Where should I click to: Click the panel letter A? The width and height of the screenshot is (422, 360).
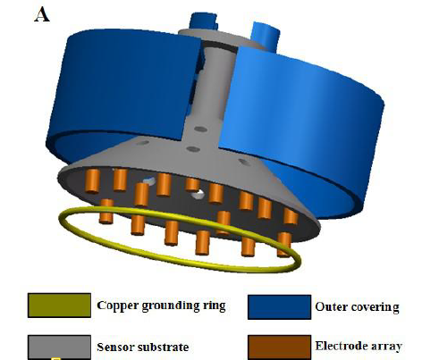coord(42,15)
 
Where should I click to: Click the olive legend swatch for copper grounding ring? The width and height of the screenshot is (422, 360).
coord(59,306)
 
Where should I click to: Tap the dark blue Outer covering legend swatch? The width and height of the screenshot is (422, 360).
coord(279,307)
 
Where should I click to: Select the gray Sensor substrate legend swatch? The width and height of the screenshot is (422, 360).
coord(59,347)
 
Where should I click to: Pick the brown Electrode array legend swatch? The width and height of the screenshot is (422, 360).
coord(279,347)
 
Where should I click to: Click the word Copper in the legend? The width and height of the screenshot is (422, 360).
coord(117,306)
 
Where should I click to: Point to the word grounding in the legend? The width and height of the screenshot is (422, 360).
coord(171,306)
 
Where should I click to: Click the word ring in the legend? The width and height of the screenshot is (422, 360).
coord(214,306)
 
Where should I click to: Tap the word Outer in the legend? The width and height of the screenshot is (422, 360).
coord(329,306)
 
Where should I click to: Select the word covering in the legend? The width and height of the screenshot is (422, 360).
coord(373,307)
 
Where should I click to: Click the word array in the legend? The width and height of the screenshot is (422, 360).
coord(386,347)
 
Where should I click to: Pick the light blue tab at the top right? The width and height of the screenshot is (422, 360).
coord(266,35)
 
